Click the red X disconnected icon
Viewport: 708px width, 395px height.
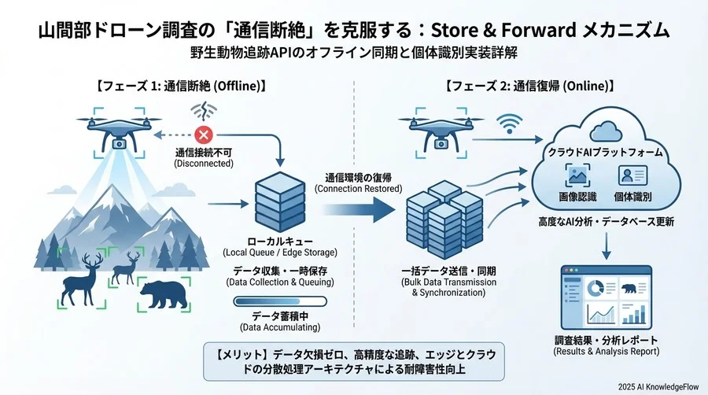pos(207,135)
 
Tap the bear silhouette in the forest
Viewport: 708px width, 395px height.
pos(163,293)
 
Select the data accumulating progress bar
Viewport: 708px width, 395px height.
pos(280,301)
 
